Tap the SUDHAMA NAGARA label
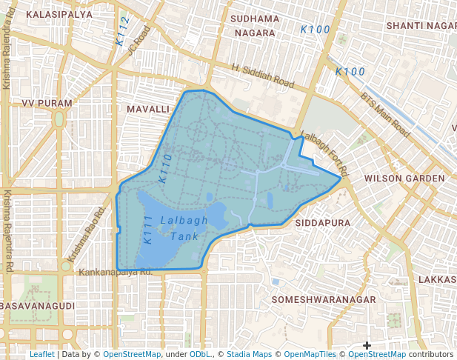click(255, 26)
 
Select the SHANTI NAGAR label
click(421, 25)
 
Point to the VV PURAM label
click(47, 103)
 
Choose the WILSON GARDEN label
click(404, 179)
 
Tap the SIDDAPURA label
click(322, 222)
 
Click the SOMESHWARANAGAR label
click(324, 299)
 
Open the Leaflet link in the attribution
click(41, 354)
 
